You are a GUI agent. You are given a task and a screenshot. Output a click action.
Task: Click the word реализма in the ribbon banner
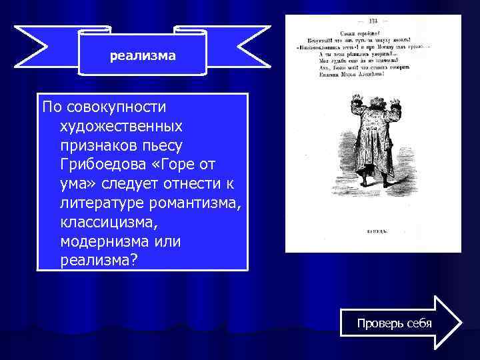pyautogui.click(x=143, y=56)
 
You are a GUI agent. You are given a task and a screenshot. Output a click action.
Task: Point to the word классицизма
pyautogui.click(x=103, y=219)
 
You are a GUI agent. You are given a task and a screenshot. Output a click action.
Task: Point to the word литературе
pyautogui.click(x=97, y=201)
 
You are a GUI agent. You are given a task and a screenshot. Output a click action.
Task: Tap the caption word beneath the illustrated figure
pyautogui.click(x=373, y=231)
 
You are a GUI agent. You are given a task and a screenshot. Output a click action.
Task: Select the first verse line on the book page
pyautogui.click(x=373, y=32)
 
